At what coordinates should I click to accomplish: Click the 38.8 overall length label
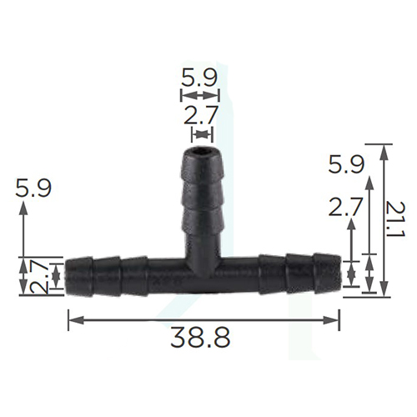point(200,338)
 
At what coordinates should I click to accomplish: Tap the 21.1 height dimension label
point(394,219)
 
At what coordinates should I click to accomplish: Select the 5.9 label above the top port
point(198,77)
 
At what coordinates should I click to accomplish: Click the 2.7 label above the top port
point(200,115)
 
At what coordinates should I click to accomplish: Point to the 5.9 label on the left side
point(33,188)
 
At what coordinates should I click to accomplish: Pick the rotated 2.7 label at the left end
point(39,276)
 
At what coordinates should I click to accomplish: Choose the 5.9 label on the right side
point(346,164)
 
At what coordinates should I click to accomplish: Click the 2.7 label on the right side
point(345,207)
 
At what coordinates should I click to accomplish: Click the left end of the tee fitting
point(66,276)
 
